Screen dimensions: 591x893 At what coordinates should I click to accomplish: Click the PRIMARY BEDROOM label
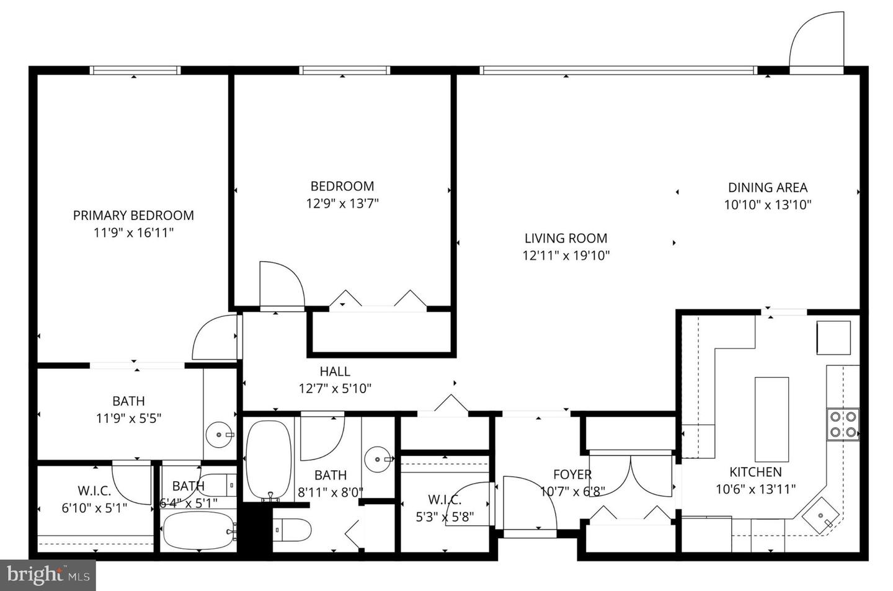133,215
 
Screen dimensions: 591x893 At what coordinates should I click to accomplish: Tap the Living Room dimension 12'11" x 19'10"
566,255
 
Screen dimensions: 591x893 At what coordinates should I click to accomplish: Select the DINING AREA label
767,187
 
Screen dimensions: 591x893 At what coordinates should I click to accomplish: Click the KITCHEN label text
755,472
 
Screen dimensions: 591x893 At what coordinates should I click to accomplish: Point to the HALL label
335,371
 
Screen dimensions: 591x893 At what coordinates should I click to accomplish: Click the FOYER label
572,474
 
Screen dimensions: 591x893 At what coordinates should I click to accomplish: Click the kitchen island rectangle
771,415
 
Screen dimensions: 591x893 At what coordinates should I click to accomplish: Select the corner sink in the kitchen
822,515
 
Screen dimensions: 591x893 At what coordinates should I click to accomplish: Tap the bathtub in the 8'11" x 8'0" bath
269,460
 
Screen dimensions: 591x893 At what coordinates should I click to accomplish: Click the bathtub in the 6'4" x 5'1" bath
197,530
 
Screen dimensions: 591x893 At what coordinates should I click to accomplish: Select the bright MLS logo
48,575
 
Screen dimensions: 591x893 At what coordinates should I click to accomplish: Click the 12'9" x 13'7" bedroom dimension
342,203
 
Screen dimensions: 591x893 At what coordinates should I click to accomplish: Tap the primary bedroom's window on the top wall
135,70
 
